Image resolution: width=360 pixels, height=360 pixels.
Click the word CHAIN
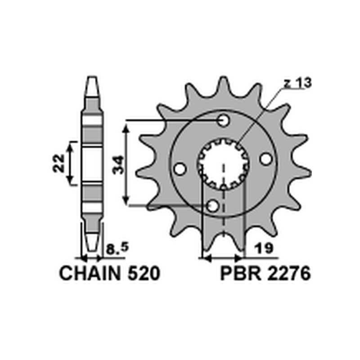tap(90, 274)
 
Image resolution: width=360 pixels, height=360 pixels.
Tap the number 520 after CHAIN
tap(144, 274)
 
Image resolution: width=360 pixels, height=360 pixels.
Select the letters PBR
tap(241, 274)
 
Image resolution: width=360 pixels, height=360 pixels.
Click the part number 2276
tap(289, 274)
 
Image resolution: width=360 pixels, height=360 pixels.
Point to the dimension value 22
tap(59, 163)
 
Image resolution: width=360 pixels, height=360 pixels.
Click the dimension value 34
tap(118, 164)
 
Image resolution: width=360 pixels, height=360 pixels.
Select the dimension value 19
tap(264, 248)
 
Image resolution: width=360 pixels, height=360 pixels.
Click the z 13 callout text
tap(298, 83)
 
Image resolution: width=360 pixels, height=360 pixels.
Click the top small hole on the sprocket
tap(223, 120)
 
